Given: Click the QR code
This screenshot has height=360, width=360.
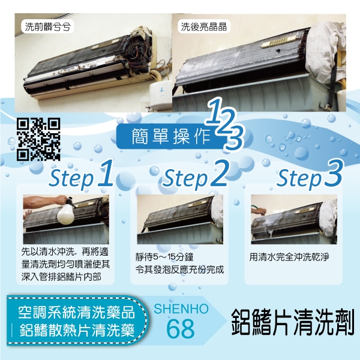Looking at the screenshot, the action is (38, 139).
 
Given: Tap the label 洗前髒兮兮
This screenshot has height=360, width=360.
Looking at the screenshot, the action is (47, 27).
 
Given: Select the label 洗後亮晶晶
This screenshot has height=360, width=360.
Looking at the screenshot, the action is (203, 26).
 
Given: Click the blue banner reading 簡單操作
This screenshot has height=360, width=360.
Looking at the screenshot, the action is (171, 136).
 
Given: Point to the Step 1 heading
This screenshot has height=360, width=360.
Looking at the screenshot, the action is (82, 176).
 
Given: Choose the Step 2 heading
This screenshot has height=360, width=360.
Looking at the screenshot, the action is (195, 176).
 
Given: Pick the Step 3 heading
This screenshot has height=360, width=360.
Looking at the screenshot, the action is (310, 176).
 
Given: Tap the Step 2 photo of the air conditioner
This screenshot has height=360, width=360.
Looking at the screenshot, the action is (180, 219).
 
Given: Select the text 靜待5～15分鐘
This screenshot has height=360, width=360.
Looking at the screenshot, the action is (164, 257).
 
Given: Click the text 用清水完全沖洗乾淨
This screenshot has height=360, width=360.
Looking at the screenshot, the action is (289, 257).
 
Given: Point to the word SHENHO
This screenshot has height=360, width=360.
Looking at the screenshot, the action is (181, 309).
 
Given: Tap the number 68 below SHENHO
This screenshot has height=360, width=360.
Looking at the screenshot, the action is (181, 329).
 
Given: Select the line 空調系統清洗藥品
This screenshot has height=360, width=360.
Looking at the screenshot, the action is (76, 312).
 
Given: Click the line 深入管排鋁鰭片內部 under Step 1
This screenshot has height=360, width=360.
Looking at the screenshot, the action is (61, 277).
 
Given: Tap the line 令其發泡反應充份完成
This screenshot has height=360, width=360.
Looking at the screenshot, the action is (179, 269).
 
